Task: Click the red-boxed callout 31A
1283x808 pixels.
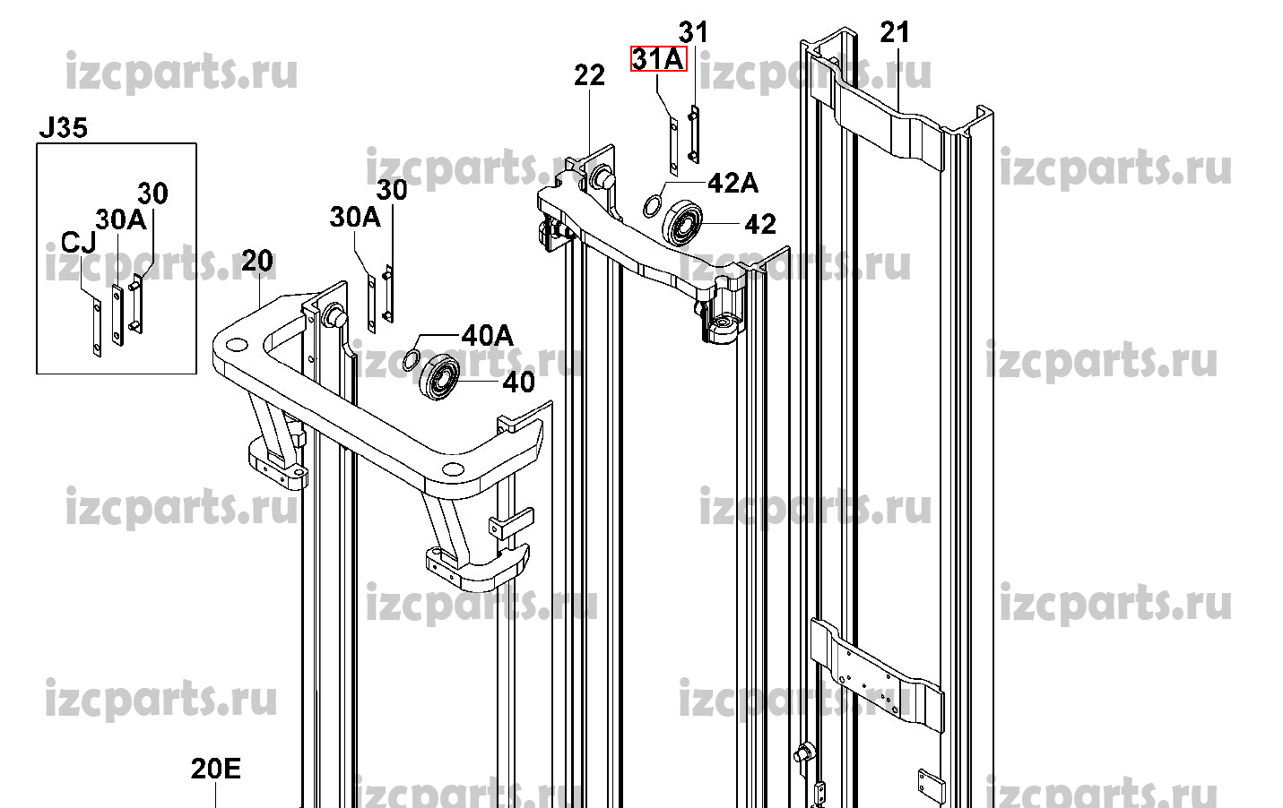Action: [x=659, y=58]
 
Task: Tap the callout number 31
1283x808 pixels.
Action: [x=694, y=32]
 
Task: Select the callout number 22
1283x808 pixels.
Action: [x=589, y=75]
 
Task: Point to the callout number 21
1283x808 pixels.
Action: [x=895, y=32]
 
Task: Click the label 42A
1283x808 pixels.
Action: [x=733, y=184]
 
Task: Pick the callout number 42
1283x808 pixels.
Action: [x=760, y=224]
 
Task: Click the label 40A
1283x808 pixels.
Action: [x=488, y=336]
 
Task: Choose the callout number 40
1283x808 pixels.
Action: [x=519, y=382]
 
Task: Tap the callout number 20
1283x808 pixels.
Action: [x=257, y=261]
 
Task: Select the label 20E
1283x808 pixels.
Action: [x=216, y=769]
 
